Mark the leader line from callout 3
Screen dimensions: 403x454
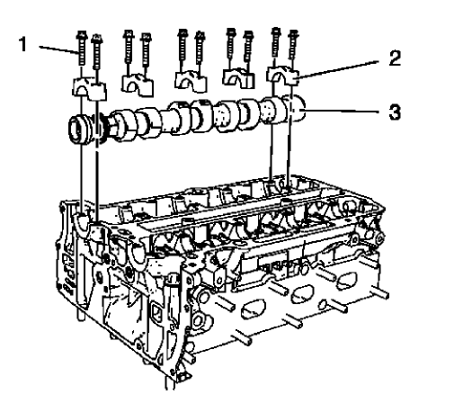(351, 113)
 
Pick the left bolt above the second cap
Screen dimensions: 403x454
(129, 51)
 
